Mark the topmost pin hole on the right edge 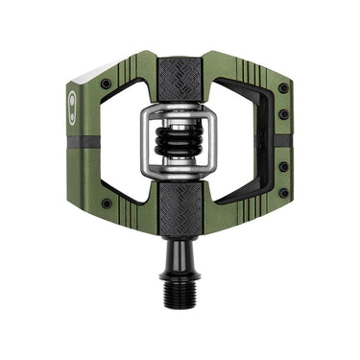tap(282, 87)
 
